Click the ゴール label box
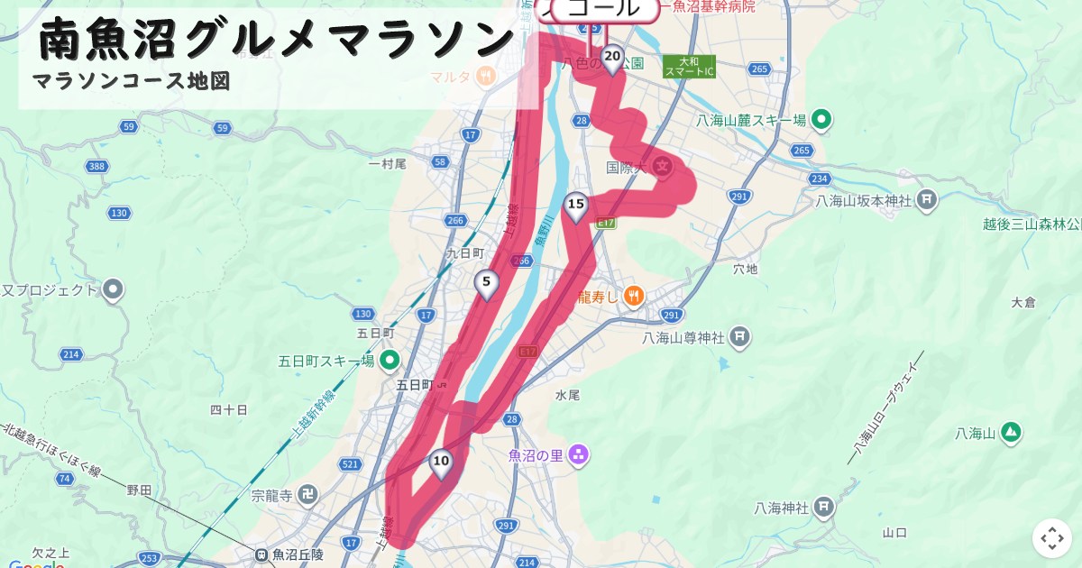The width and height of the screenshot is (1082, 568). pos(602,9)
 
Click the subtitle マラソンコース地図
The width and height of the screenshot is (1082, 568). pos(132,81)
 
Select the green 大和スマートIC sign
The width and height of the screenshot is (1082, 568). pos(689,67)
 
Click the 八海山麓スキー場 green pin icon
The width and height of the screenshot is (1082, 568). pos(821,119)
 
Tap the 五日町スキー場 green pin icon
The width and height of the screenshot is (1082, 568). pos(390,361)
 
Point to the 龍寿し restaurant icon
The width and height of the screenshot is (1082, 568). pos(634,295)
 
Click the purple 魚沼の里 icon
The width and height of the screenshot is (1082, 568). pos(578,455)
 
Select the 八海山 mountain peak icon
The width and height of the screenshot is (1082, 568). pos(1011,433)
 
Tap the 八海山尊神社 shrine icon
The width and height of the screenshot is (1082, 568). pos(739,337)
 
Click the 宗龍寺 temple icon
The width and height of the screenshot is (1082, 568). pos(308,494)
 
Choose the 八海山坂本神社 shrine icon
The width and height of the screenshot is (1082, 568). pos(927,199)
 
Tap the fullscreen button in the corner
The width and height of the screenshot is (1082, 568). pos(1052,538)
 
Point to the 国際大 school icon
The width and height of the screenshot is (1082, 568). pos(664,166)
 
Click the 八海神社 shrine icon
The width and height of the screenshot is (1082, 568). pos(823,508)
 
